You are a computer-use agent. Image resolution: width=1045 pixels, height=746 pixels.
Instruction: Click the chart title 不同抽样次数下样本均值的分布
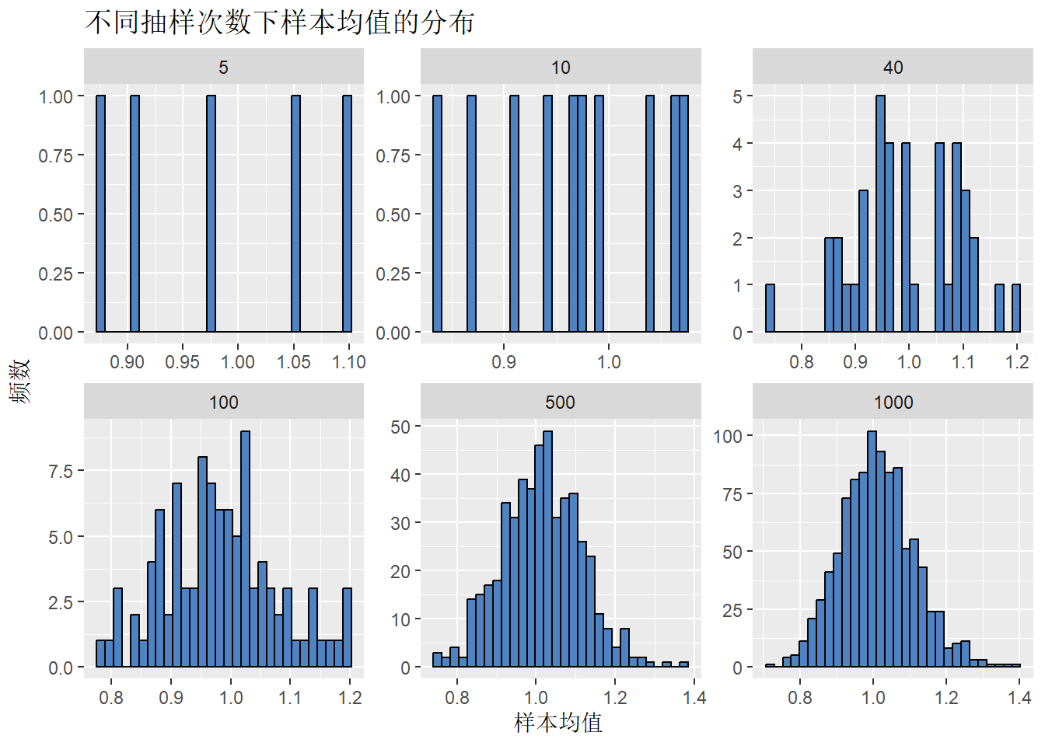coord(280,22)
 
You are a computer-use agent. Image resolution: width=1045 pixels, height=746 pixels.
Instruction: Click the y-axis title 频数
coord(20,381)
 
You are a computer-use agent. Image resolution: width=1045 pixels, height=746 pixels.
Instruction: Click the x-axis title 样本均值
coord(558,723)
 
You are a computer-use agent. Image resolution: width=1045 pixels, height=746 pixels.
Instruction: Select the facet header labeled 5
coord(223,68)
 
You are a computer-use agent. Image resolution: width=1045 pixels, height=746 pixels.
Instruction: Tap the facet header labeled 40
coord(893,68)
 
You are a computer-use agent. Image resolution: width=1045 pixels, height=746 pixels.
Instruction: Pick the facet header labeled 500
coord(560,403)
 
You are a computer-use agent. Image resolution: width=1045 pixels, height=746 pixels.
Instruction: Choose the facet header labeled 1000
coord(893,403)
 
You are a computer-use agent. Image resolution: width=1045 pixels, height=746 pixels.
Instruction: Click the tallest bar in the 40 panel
coord(880,214)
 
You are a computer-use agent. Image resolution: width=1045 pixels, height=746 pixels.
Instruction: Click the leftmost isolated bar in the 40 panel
coord(770,309)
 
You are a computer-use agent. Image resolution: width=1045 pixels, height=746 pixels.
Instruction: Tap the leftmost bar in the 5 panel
coord(100,214)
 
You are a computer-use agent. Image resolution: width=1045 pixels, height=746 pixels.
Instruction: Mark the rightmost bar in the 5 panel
coord(347,214)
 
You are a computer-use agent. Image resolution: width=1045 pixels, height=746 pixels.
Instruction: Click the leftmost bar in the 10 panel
coord(437,214)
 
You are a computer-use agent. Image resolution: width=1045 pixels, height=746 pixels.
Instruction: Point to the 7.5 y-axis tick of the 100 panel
coord(61,472)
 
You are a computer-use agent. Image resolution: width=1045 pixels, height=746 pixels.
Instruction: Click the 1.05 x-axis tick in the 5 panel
coord(294,362)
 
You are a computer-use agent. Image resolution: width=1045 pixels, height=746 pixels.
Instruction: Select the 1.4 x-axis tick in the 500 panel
coord(694,697)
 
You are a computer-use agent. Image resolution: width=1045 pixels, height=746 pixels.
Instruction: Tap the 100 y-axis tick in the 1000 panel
coord(728,437)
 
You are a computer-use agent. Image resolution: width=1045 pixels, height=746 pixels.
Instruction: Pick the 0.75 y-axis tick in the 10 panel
coord(393,155)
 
